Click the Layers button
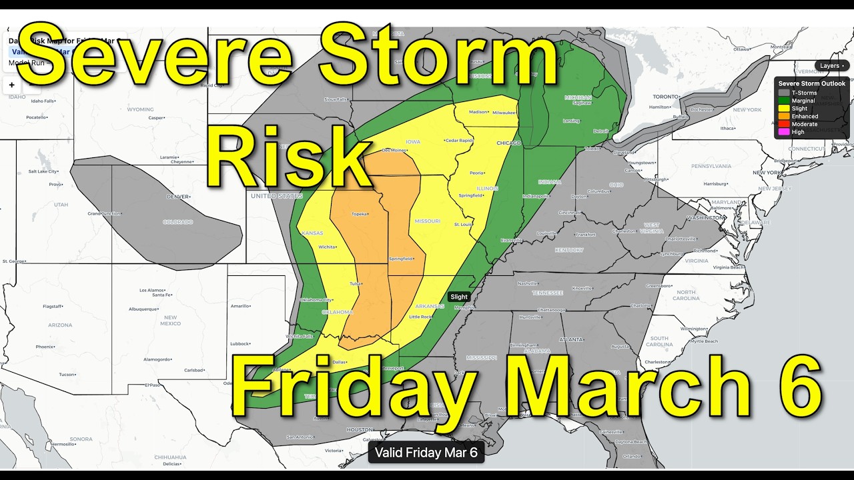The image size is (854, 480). (x=831, y=66)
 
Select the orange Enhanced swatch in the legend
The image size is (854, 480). (x=784, y=116)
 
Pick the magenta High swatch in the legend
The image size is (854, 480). (x=784, y=132)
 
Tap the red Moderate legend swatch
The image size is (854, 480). (x=784, y=124)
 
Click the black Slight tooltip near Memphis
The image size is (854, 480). (x=459, y=297)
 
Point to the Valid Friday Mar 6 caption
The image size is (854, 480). (x=426, y=453)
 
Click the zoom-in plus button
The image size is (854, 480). (x=12, y=85)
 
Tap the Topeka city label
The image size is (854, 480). (x=360, y=215)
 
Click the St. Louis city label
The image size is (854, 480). (x=464, y=225)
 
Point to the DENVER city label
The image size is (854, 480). (x=179, y=197)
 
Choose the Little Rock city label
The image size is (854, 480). (x=421, y=317)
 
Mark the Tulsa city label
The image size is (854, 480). (x=354, y=283)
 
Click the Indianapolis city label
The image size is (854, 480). (x=536, y=196)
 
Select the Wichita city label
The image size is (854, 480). (x=327, y=247)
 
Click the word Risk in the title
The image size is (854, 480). (x=288, y=158)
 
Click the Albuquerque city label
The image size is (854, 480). (x=144, y=309)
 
